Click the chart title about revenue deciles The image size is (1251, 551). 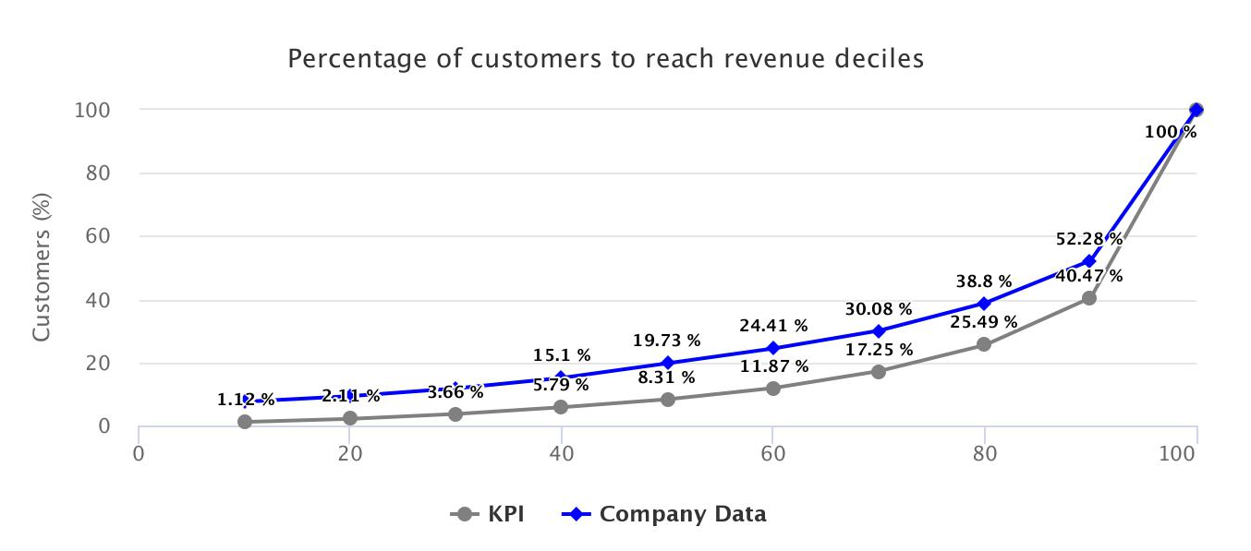point(605,59)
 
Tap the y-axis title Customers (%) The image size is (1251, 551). point(42,268)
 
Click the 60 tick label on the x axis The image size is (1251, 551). point(772,454)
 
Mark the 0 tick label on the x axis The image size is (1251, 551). point(139,454)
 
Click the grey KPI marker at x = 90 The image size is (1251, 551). point(1089,298)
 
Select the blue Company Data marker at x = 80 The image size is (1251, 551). point(984,304)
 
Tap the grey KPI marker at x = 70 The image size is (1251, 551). point(879,371)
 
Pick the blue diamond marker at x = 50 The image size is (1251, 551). point(667,363)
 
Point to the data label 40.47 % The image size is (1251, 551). point(1089,276)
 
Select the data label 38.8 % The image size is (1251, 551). point(984,282)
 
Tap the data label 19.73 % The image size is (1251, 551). point(667,341)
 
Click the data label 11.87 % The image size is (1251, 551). point(774,366)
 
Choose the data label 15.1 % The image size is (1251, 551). point(562,355)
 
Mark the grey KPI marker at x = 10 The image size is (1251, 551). point(245,422)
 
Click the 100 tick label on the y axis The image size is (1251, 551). point(92,110)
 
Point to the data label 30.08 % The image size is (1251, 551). point(879,309)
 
